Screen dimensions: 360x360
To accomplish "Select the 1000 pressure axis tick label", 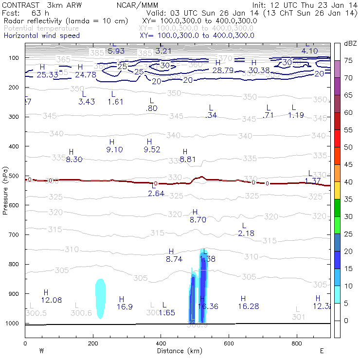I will pos(14,324).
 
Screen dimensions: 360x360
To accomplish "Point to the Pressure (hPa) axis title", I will pos(5,190).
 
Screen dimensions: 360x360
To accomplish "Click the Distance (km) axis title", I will pos(177,350).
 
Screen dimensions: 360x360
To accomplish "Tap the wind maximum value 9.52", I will pos(152,149).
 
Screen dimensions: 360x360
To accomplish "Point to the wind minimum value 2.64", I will pos(156,194).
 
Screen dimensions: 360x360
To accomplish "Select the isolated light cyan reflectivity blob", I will pos(100,298).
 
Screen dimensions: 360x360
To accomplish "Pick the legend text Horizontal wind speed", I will pos(41,36).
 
